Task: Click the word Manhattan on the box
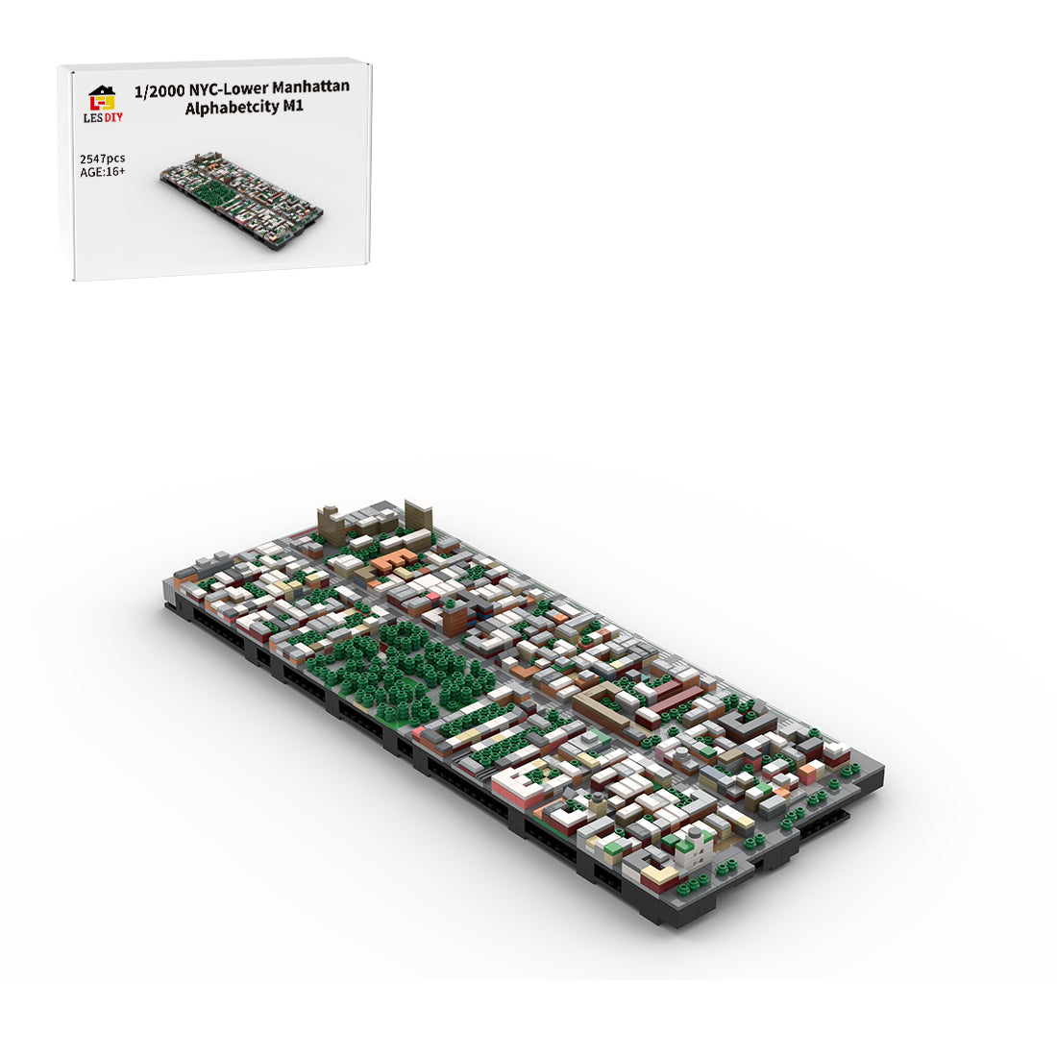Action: pyautogui.click(x=310, y=86)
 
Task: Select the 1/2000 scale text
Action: pyautogui.click(x=160, y=91)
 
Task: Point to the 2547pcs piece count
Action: pyautogui.click(x=103, y=160)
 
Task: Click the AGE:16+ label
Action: pyautogui.click(x=103, y=172)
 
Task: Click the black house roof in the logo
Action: pyautogui.click(x=102, y=90)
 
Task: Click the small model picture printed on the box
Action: pyautogui.click(x=241, y=200)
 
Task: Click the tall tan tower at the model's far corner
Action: pyautogui.click(x=417, y=516)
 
